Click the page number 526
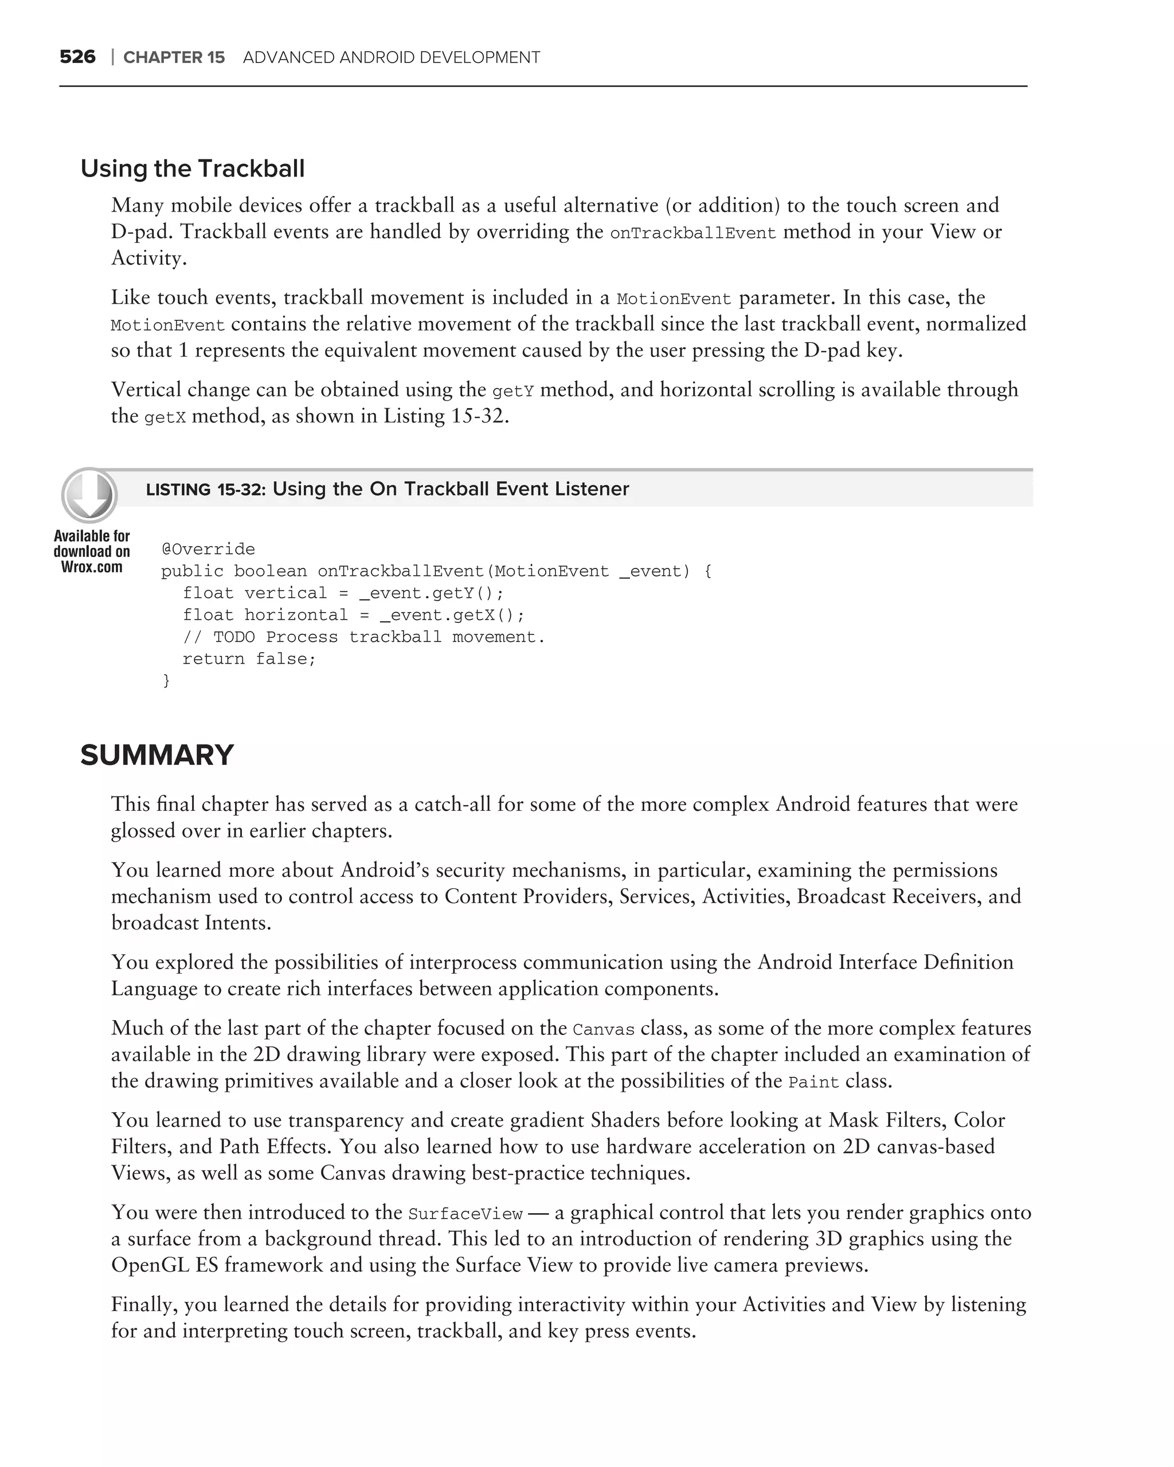[x=77, y=57]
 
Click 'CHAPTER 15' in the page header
[x=174, y=58]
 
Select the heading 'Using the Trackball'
[x=193, y=168]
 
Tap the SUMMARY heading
[x=157, y=755]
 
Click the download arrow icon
[x=89, y=495]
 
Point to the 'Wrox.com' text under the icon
[x=92, y=567]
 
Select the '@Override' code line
[x=208, y=549]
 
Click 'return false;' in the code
[x=249, y=658]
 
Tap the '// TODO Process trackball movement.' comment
[x=364, y=637]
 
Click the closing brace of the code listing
[x=166, y=680]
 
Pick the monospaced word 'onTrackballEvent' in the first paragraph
[x=693, y=233]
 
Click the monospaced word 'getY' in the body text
[x=513, y=391]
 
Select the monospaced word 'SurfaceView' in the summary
[x=465, y=1214]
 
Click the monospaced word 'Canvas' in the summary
[x=604, y=1030]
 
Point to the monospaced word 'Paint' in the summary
[x=813, y=1082]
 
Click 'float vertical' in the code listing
[x=255, y=593]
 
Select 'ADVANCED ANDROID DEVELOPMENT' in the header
[x=392, y=58]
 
